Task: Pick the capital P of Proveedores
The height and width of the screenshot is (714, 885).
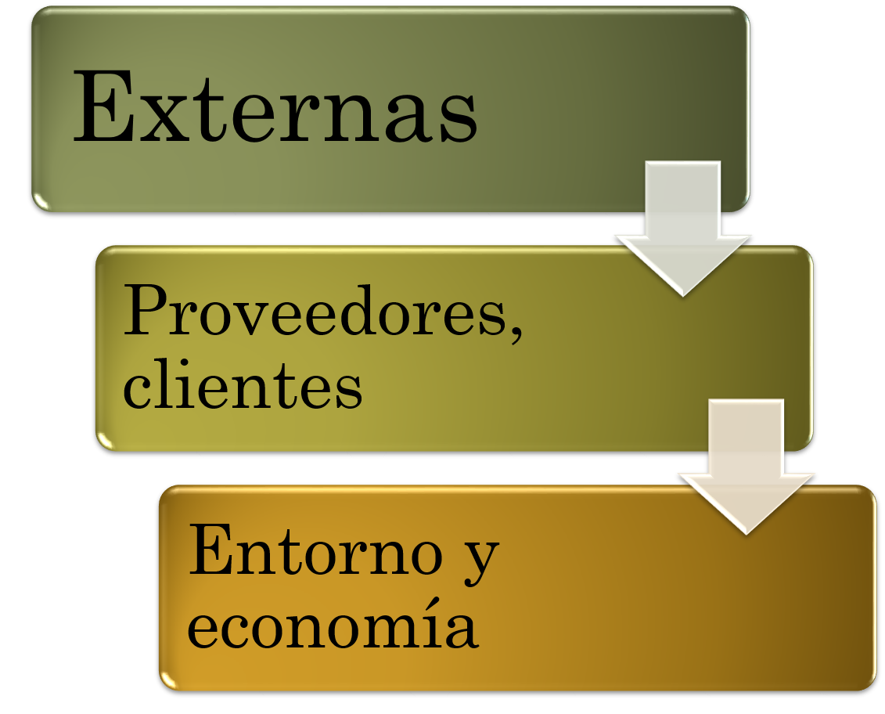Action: coord(147,312)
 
